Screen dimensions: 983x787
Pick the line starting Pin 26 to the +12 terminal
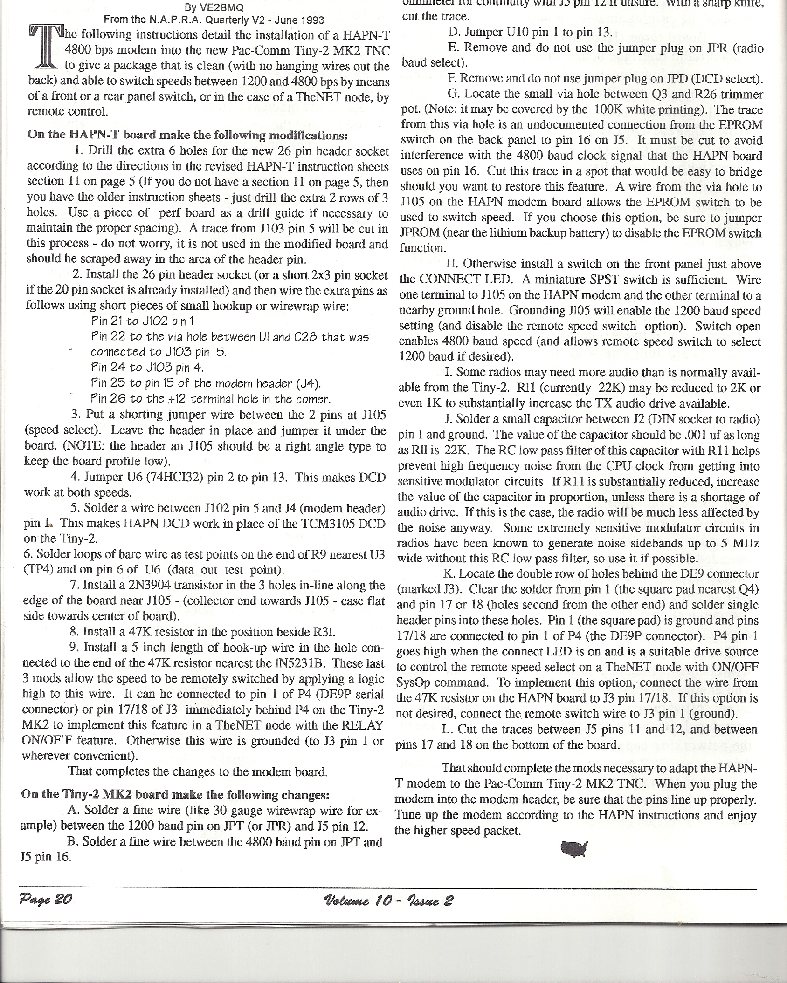click(211, 399)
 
